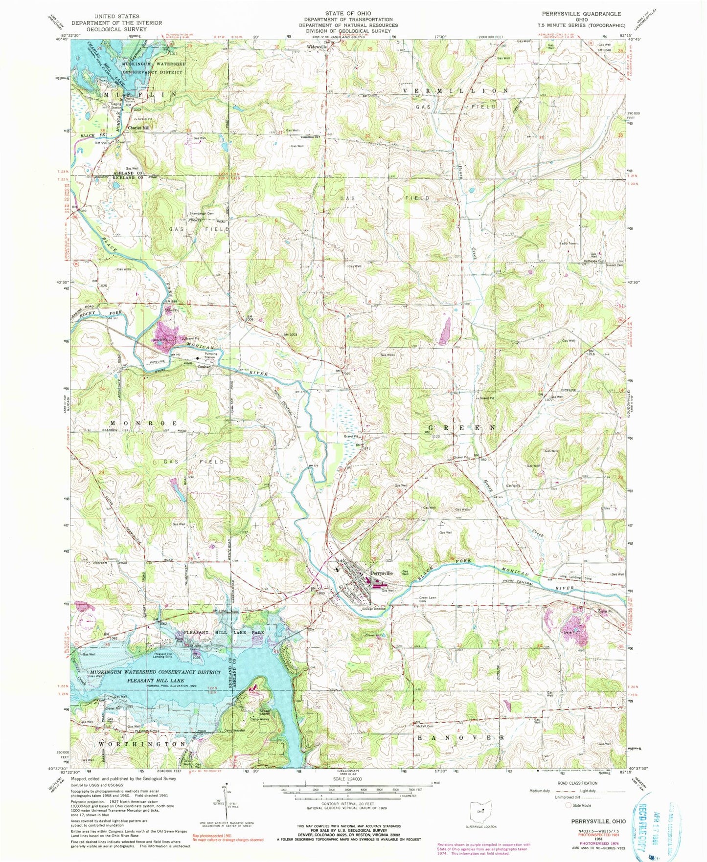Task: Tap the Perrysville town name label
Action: tap(381, 573)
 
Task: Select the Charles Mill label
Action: tap(138, 128)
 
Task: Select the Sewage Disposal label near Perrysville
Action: tap(375, 609)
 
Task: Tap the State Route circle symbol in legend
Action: tap(569, 805)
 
